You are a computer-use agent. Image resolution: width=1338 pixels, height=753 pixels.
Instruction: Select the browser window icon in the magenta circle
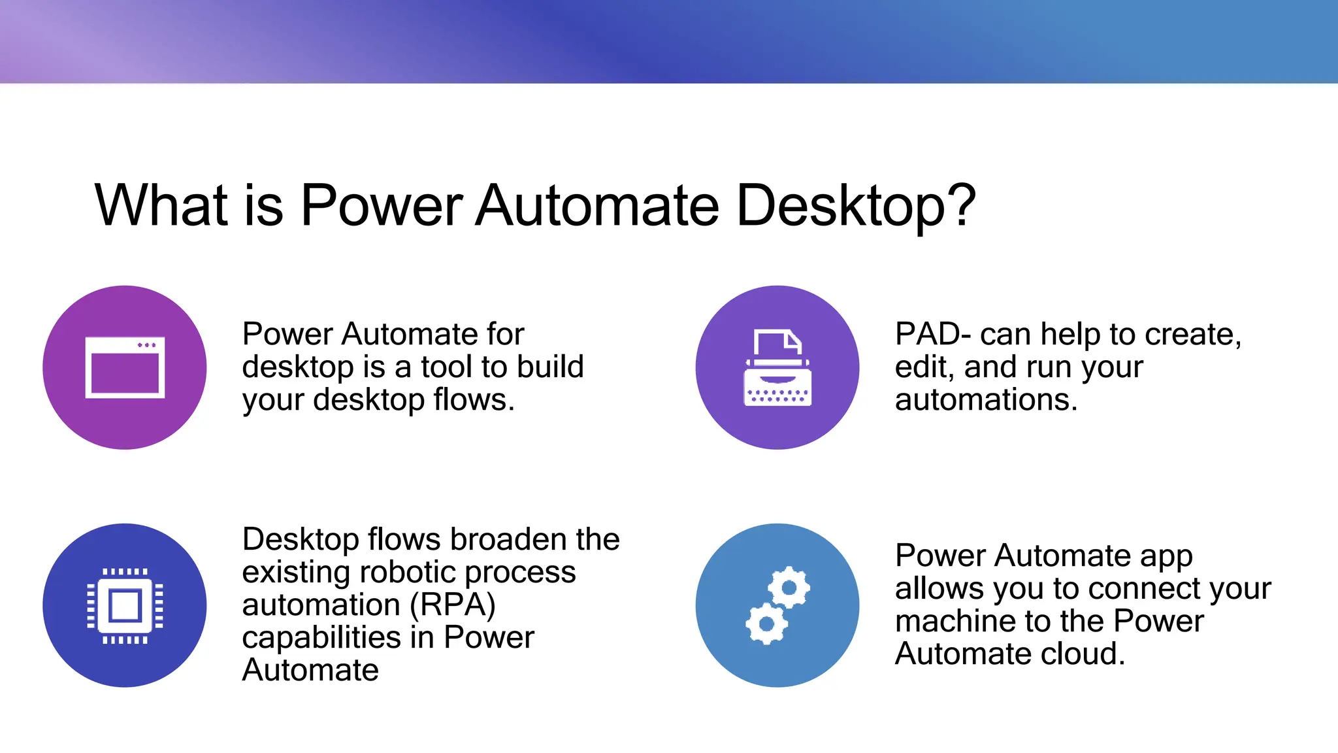(125, 367)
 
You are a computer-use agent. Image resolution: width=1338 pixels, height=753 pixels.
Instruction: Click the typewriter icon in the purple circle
(777, 369)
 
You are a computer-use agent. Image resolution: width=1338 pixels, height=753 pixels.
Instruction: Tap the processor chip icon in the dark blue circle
(125, 605)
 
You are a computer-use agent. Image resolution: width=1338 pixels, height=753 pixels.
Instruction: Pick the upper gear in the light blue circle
(789, 588)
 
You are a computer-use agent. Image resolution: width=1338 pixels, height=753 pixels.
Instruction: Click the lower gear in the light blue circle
(767, 624)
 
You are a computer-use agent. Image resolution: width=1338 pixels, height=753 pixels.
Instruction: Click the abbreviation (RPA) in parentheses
(452, 605)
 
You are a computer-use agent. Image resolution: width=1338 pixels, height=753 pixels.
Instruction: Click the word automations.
(985, 399)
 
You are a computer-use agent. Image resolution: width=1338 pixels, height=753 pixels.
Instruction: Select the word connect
(1149, 588)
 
